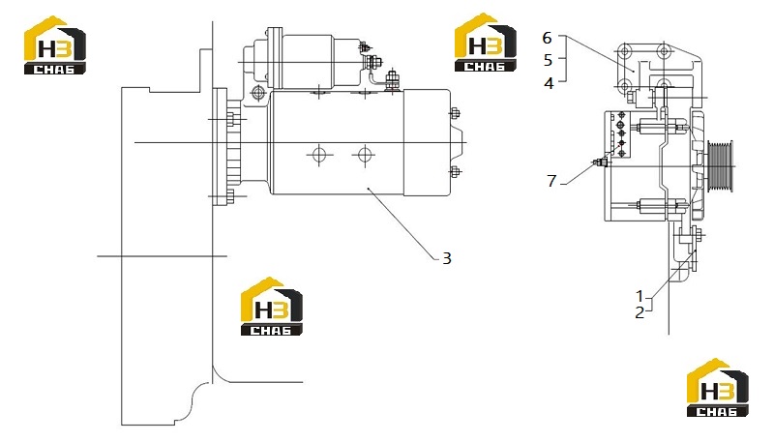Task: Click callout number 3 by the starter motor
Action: [446, 258]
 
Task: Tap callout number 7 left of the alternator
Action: [551, 181]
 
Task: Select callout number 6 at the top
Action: [547, 38]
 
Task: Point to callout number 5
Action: [548, 60]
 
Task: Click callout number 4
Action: [549, 83]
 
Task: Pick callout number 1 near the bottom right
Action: [640, 297]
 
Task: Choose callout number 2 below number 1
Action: [640, 312]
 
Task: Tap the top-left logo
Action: [55, 45]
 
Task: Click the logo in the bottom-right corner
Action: [718, 388]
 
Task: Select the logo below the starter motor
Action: [272, 307]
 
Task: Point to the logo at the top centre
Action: [486, 43]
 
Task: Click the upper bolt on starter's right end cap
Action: [455, 113]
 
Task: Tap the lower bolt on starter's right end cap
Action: [455, 172]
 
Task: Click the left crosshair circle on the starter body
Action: [319, 155]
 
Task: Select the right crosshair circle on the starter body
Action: [365, 155]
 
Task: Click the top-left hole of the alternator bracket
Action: [625, 51]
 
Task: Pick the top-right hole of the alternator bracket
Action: [665, 51]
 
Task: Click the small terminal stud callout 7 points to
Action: [600, 162]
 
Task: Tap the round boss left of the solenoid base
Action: [257, 92]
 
